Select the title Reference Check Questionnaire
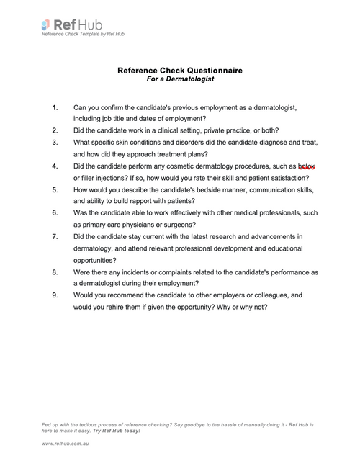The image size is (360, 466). coord(180,71)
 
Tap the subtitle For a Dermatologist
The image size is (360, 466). coord(180,79)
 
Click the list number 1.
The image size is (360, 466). coord(55,107)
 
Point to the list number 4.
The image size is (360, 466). coord(55,166)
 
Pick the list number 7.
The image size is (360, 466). coord(55,236)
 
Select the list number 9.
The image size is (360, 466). coord(55,295)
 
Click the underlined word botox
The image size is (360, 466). coord(307,166)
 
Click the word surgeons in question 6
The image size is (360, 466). coord(171,225)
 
